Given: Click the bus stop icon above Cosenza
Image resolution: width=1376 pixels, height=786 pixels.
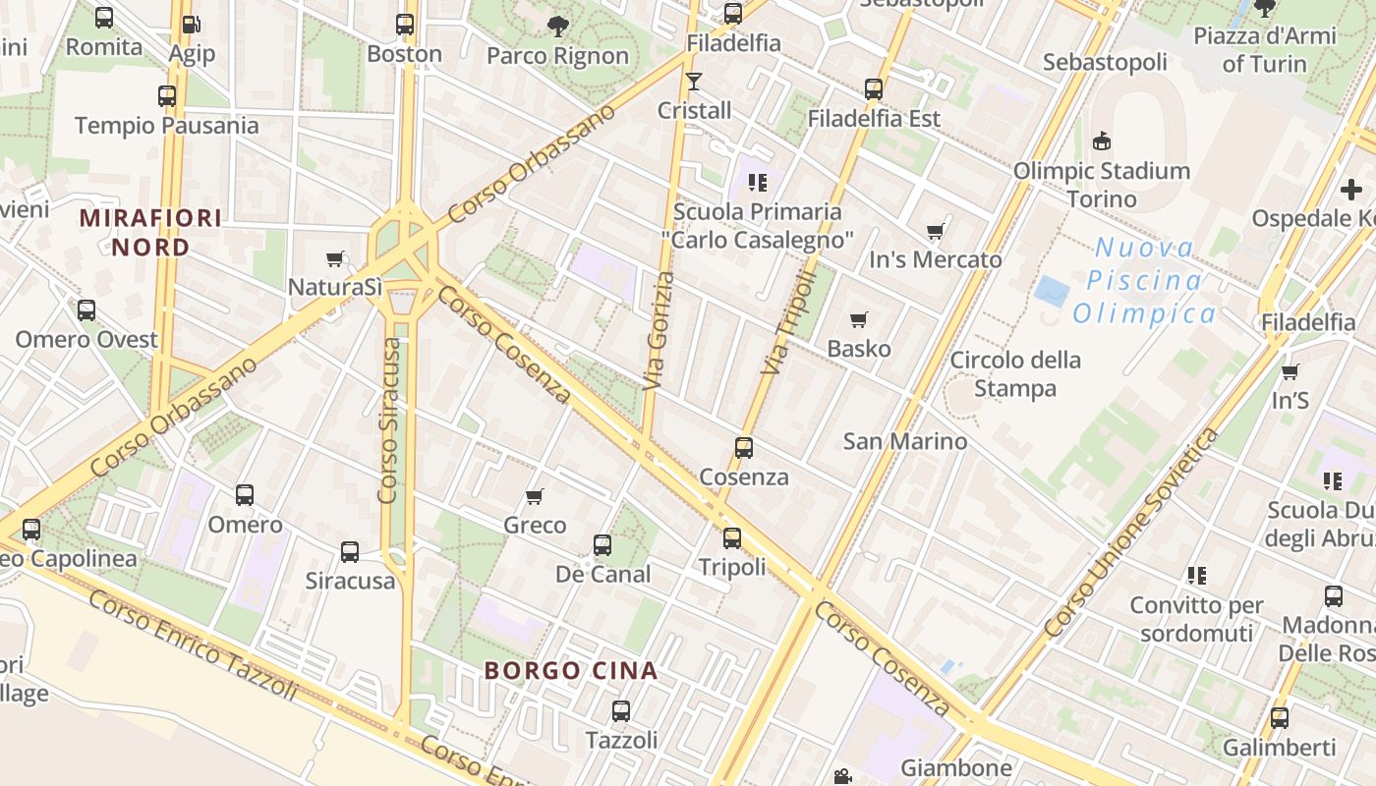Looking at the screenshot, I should (744, 448).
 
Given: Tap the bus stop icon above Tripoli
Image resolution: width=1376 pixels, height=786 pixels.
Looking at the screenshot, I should (732, 538).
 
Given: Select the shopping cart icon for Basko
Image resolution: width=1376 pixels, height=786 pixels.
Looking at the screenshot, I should (859, 319).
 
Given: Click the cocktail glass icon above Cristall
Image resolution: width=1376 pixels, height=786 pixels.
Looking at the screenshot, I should (694, 81).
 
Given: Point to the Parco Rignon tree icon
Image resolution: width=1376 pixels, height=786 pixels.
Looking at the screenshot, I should (557, 27).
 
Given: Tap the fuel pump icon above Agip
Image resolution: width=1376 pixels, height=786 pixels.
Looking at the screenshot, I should (192, 24).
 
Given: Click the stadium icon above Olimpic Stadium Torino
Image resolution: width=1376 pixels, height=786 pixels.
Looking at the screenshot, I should (1102, 141).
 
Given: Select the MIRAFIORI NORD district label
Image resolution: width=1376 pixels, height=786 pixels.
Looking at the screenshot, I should (150, 232).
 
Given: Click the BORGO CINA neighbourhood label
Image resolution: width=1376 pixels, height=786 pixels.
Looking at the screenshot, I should (570, 671).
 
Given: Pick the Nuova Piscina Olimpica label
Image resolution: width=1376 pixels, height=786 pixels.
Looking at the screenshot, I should (1144, 281).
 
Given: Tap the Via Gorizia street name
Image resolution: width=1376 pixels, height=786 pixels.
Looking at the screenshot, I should (659, 331).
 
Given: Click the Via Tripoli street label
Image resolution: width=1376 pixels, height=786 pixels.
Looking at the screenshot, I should (789, 323).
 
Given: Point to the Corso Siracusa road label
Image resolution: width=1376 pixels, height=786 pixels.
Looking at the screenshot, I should (389, 421).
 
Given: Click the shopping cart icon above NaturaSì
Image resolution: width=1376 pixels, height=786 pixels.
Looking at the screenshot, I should (335, 259).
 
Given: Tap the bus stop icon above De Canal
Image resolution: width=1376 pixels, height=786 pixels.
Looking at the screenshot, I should (602, 545).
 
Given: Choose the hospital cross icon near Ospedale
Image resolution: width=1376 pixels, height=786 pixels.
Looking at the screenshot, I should (1350, 189).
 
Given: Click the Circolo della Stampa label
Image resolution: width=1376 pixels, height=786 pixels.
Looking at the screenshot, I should (1015, 374).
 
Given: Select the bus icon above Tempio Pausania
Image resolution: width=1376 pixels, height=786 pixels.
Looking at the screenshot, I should (167, 96).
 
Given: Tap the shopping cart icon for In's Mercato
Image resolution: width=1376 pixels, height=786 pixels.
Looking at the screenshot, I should (935, 232).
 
